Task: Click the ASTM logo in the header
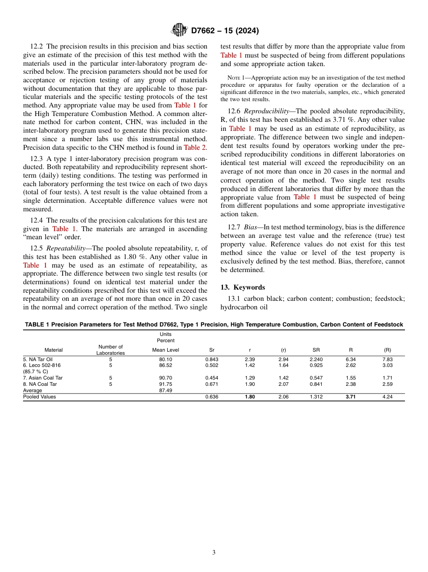point(179,31)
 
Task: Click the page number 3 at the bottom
point(214,553)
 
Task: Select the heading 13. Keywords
point(242,287)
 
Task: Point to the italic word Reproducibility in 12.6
point(269,111)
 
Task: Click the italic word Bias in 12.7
point(250,227)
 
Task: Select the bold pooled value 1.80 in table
point(250,397)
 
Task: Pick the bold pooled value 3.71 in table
point(351,397)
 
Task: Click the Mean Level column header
point(166,350)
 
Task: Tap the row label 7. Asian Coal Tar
point(43,378)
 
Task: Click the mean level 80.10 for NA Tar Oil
point(166,359)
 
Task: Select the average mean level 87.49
point(166,390)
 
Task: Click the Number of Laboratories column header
point(110,350)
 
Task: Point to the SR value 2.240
point(316,359)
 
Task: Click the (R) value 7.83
point(387,359)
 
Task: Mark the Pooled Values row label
point(40,397)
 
